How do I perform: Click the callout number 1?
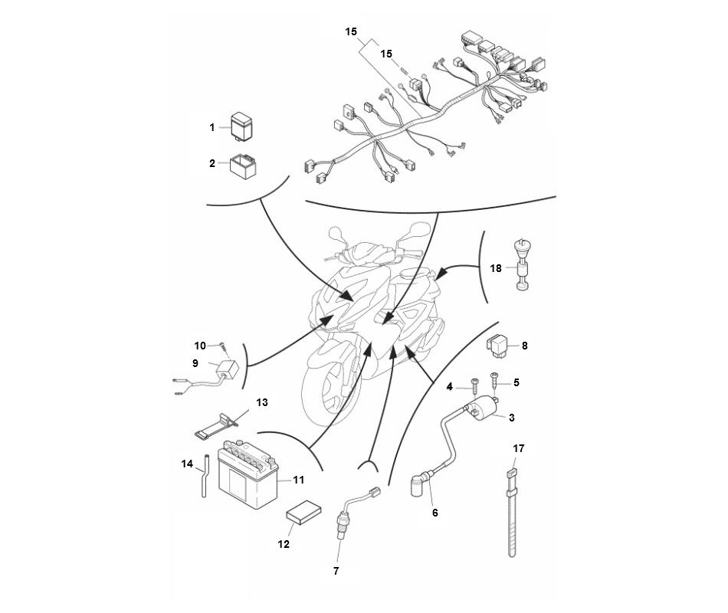pyautogui.click(x=212, y=128)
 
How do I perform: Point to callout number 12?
pyautogui.click(x=284, y=544)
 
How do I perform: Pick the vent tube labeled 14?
pyautogui.click(x=205, y=477)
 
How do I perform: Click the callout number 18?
pyautogui.click(x=496, y=268)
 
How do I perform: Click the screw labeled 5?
pyautogui.click(x=495, y=379)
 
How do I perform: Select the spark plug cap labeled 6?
pyautogui.click(x=419, y=485)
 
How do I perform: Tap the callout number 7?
pyautogui.click(x=335, y=571)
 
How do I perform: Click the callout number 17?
pyautogui.click(x=518, y=449)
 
